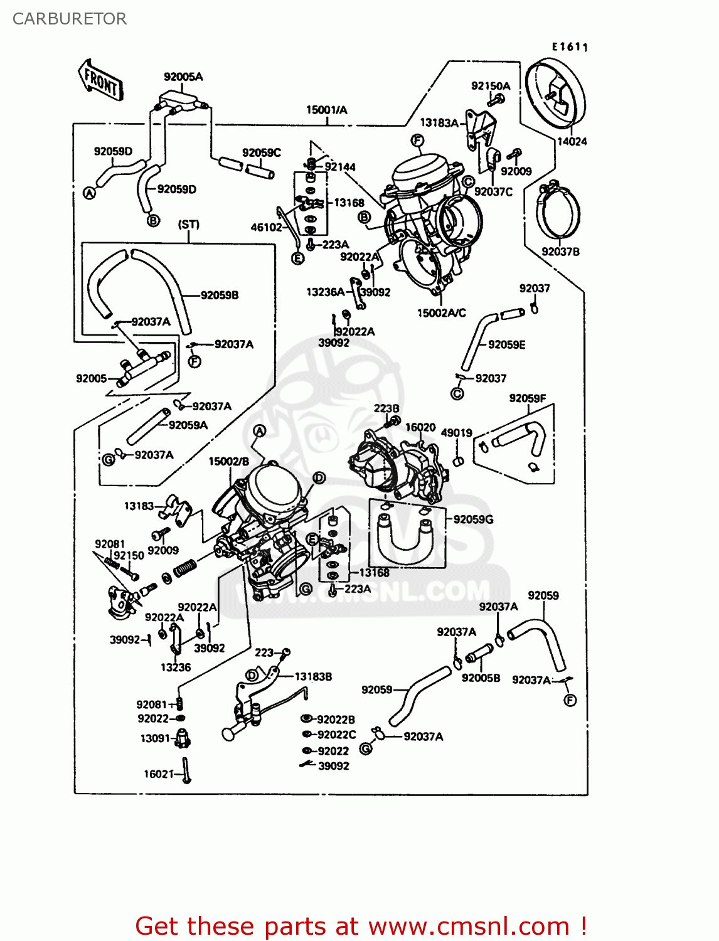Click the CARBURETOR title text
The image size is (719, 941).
pos(70,19)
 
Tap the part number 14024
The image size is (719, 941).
pos(572,142)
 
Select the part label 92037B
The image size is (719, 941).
pos(560,252)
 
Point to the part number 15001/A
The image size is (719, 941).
pos(326,110)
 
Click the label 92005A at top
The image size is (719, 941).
pos(183,77)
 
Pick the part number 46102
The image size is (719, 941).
pos(267,227)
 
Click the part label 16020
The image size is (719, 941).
pos(420,427)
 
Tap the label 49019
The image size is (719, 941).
pos(456,433)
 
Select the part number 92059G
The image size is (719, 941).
pos(473,519)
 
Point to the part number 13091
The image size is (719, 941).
pos(155,738)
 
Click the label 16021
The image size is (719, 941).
pos(158,774)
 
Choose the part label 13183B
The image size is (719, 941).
pos(313,676)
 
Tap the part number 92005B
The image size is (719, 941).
pos(481,678)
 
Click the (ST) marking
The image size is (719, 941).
pos(188,225)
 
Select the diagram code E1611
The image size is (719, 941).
pos(569,46)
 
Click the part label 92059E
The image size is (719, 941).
pos(506,344)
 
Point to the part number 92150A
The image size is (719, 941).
pos(491,86)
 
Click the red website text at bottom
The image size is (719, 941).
pos(361,926)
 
